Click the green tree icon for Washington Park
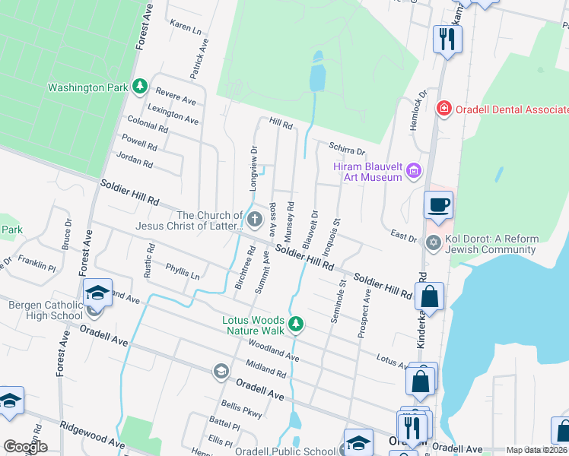coord(139,87)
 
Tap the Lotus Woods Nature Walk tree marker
coord(297,325)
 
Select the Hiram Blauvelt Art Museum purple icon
coord(414,171)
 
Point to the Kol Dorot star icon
coord(434,243)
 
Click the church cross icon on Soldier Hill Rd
coord(254,220)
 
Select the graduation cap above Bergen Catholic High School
coord(97,293)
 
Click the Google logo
coord(25,447)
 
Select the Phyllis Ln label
coord(182,272)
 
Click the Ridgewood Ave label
coord(93,434)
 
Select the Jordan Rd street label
coord(135,160)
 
